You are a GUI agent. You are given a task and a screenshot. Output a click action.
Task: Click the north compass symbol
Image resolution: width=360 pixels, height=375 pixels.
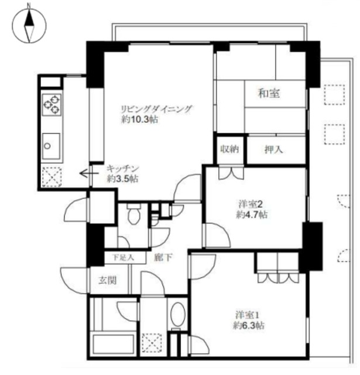pos(28,25)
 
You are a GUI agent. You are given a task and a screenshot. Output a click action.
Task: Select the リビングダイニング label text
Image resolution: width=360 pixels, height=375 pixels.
pos(156,109)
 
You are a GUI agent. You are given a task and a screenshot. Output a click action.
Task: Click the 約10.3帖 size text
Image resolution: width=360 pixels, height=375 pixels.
pos(139,120)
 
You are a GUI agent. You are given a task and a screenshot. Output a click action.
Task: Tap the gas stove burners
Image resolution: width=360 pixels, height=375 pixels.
pos(51,104)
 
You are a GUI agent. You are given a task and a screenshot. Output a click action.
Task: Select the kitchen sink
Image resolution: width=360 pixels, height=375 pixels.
pos(50,142)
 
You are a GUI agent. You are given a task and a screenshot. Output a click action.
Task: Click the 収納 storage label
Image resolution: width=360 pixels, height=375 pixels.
pos(229,149)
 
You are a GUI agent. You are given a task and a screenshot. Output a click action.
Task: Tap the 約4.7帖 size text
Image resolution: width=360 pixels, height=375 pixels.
pos(252,214)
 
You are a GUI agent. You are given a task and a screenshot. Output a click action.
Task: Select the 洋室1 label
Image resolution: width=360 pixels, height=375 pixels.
pos(245,313)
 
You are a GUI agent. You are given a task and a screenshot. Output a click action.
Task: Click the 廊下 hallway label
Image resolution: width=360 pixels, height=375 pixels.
pos(162,257)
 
